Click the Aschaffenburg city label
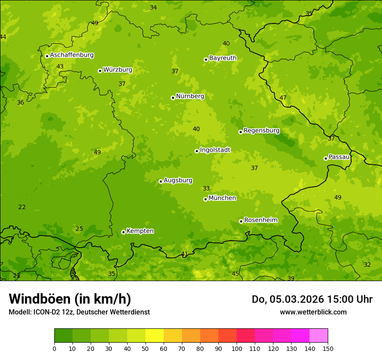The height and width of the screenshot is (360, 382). [x=72, y=55]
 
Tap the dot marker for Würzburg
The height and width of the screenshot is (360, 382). [x=100, y=71]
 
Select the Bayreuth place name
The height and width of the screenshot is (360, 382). [x=223, y=58]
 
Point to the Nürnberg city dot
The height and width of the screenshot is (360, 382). [x=173, y=98]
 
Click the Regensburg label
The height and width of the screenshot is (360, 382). [x=261, y=130]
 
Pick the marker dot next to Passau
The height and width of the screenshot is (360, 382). [x=326, y=158]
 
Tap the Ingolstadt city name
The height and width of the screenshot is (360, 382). [x=215, y=150]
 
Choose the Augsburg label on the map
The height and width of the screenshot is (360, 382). [x=178, y=180]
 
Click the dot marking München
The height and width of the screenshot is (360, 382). [x=205, y=199]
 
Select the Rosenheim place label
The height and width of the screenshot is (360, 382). [x=260, y=220]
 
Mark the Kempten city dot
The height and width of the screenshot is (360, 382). [x=123, y=232]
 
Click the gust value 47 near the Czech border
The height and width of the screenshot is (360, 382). [x=283, y=98]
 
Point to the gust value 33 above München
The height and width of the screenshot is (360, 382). [x=206, y=188]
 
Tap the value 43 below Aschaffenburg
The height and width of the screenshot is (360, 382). [x=60, y=66]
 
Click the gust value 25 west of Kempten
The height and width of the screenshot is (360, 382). [x=79, y=229]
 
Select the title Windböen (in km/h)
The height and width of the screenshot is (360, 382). [x=70, y=299]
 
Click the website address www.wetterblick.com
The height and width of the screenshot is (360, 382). [x=313, y=312]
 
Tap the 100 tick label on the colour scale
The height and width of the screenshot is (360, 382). [x=237, y=348]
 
